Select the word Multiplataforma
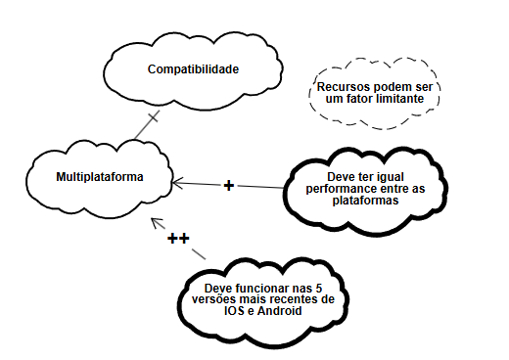[x=100, y=178]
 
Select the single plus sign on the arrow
[x=229, y=185]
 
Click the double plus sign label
[x=178, y=238]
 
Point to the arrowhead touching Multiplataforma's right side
[x=177, y=181]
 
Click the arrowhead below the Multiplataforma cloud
[x=154, y=220]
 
